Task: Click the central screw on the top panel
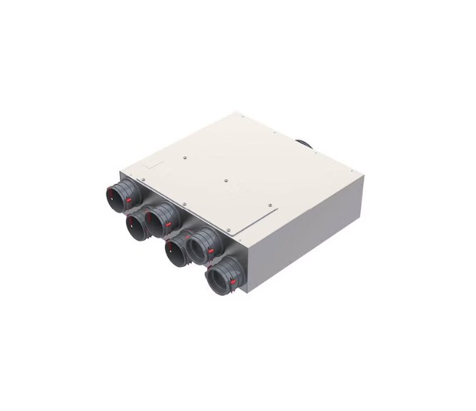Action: pos(226,181)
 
